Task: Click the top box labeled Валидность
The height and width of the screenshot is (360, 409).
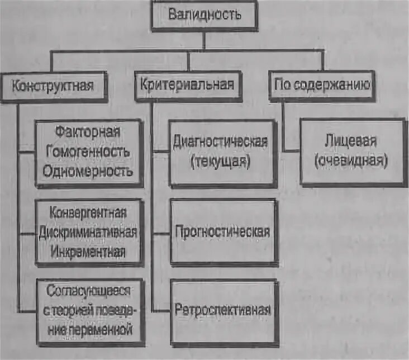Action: pyautogui.click(x=204, y=15)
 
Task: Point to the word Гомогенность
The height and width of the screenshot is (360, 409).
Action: pyautogui.click(x=91, y=151)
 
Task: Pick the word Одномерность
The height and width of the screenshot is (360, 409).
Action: pyautogui.click(x=91, y=170)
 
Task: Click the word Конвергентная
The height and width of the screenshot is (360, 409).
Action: pyautogui.click(x=89, y=213)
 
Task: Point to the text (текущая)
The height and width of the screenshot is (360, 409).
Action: pyautogui.click(x=222, y=162)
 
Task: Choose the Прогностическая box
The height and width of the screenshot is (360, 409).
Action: pyautogui.click(x=223, y=231)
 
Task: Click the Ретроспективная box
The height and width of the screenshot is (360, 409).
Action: pyautogui.click(x=223, y=310)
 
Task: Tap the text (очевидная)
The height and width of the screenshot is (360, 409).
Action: pyautogui.click(x=352, y=160)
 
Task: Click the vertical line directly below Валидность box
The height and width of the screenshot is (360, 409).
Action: pyautogui.click(x=204, y=40)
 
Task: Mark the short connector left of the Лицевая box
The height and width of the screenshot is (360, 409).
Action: pyautogui.click(x=291, y=150)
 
